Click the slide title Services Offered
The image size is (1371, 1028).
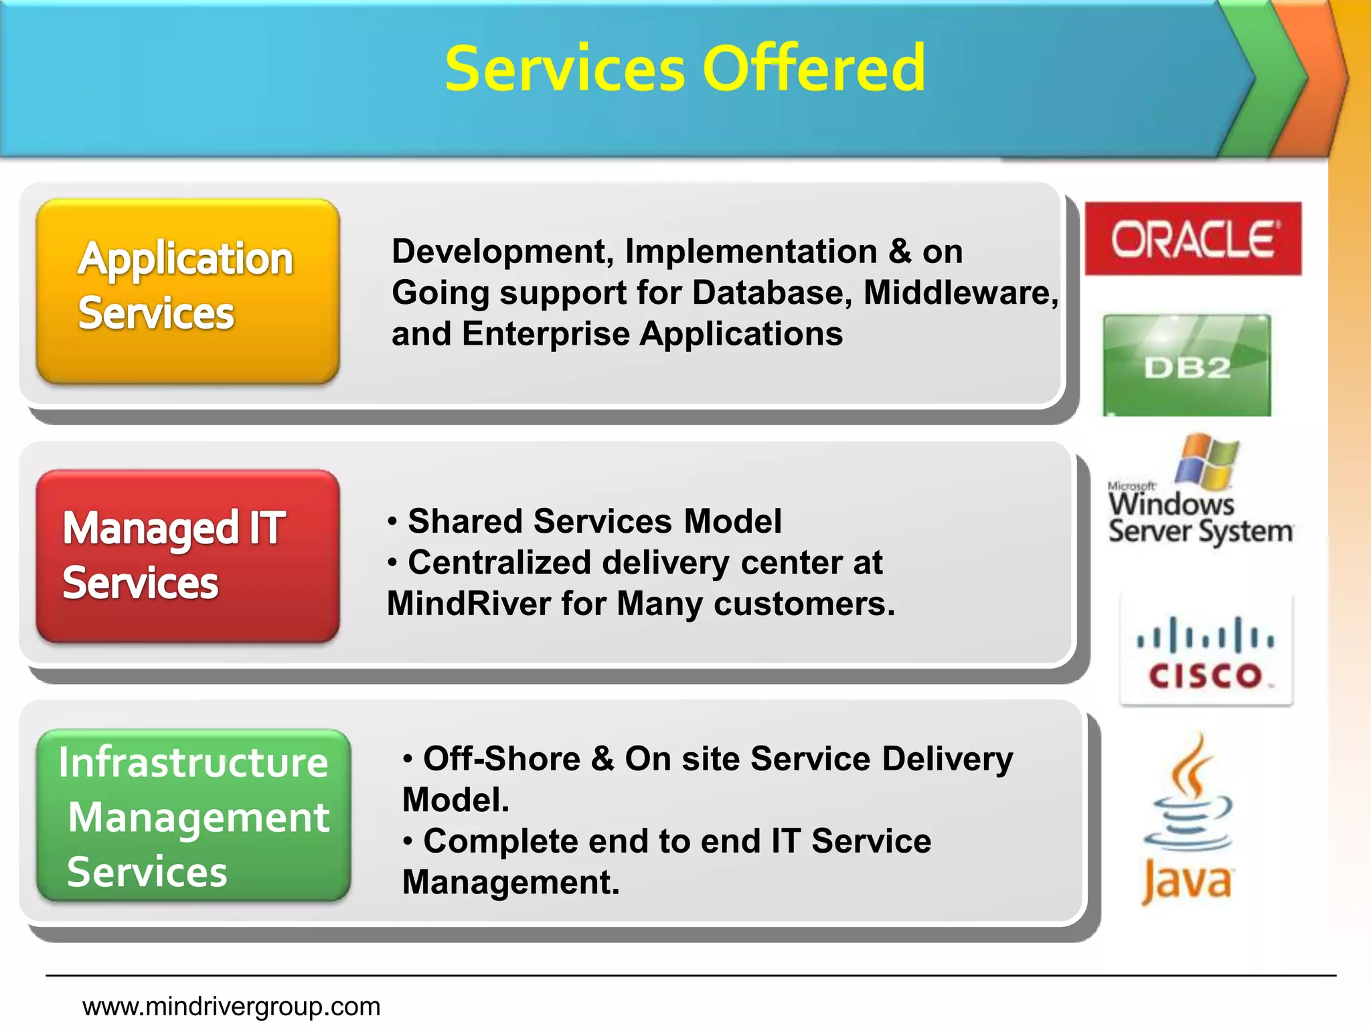coord(685,68)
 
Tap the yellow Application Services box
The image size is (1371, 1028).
coord(187,290)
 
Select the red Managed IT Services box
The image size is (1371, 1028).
coord(187,555)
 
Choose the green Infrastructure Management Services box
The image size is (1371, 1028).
coord(193,815)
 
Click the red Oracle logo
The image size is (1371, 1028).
coord(1193,238)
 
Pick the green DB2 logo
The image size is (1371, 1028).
coord(1186,365)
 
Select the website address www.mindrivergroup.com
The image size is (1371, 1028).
coord(231,1006)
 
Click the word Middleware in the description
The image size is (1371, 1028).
coord(960,293)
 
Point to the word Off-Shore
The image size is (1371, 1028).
coord(501,759)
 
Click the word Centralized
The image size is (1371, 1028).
coord(499,563)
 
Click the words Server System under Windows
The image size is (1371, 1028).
coord(1200,532)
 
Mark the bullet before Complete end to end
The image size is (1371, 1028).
coord(408,841)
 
